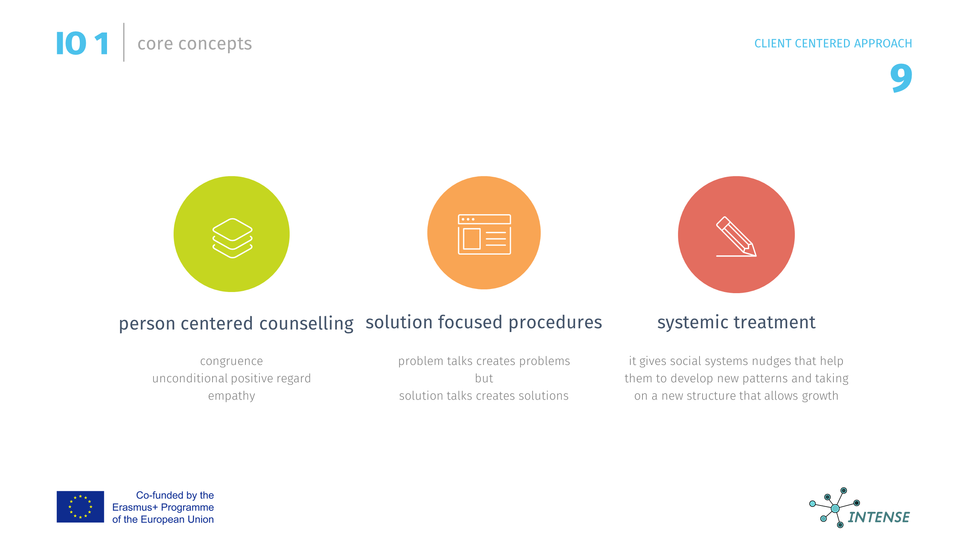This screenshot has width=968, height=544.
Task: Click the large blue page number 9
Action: pos(901,77)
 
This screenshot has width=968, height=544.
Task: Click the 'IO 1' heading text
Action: pos(83,43)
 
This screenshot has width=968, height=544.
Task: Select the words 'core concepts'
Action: pos(195,44)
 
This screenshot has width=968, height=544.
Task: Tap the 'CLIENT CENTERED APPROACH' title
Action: pos(833,43)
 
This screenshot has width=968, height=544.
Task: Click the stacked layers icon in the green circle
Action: pos(232,238)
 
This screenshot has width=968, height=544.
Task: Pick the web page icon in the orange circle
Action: pos(484,234)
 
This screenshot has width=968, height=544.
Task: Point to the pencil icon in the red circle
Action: pos(736,237)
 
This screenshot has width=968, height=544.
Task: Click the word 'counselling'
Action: pos(306,324)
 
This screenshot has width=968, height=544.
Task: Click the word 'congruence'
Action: pos(231,362)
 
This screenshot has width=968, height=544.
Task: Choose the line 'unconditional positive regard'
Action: pos(231,379)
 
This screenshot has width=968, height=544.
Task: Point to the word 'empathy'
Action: pos(231,396)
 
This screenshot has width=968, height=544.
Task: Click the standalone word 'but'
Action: pos(484,378)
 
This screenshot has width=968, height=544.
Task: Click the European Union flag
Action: pos(80,507)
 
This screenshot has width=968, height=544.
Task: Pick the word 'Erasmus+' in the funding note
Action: pos(135,507)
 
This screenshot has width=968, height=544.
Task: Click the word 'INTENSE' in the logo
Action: pos(879,517)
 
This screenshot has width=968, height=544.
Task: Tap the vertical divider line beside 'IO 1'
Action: pos(124,42)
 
